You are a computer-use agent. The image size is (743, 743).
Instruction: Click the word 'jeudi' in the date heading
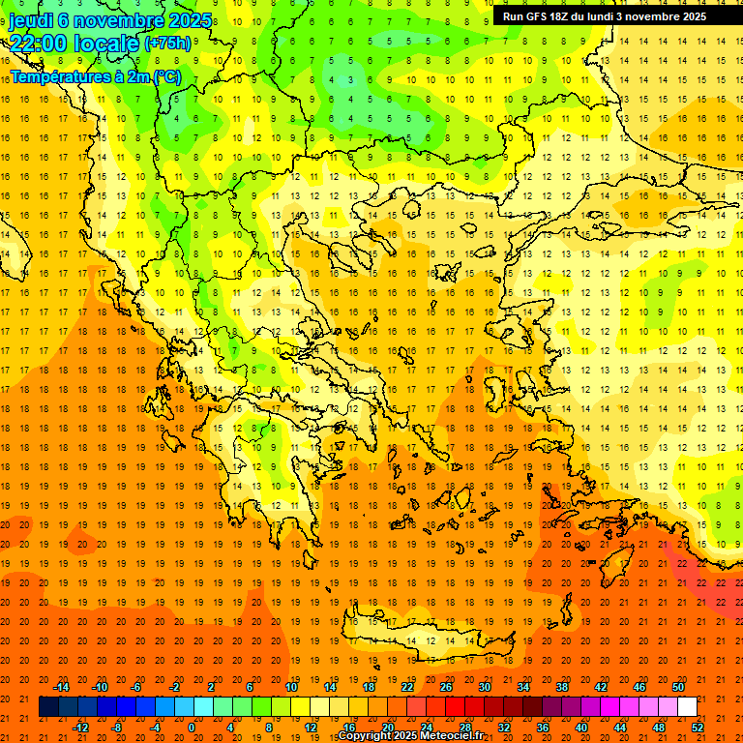tap(33, 20)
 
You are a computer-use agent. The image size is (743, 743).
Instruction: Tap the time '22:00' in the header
tap(38, 44)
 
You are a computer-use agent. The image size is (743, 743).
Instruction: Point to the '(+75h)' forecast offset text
tap(166, 44)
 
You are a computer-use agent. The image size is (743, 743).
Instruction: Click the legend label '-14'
tap(63, 687)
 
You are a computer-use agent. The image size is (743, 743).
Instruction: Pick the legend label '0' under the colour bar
tap(191, 728)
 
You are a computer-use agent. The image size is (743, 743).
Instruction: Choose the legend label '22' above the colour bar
tap(407, 687)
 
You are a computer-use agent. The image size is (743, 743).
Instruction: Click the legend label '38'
tap(562, 687)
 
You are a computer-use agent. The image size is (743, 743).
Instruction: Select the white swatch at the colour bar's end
tap(687, 707)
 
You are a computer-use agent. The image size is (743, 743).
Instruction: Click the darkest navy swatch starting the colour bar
tap(48, 707)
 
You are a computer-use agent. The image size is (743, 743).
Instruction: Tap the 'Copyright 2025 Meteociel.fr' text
tap(410, 736)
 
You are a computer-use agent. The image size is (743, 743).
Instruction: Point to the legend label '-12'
tap(81, 728)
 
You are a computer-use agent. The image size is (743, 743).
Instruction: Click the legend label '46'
tap(639, 687)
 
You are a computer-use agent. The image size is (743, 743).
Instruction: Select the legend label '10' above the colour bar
tap(291, 687)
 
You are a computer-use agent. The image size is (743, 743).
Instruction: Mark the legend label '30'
tap(485, 687)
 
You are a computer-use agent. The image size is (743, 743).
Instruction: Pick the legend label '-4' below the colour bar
tap(154, 728)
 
